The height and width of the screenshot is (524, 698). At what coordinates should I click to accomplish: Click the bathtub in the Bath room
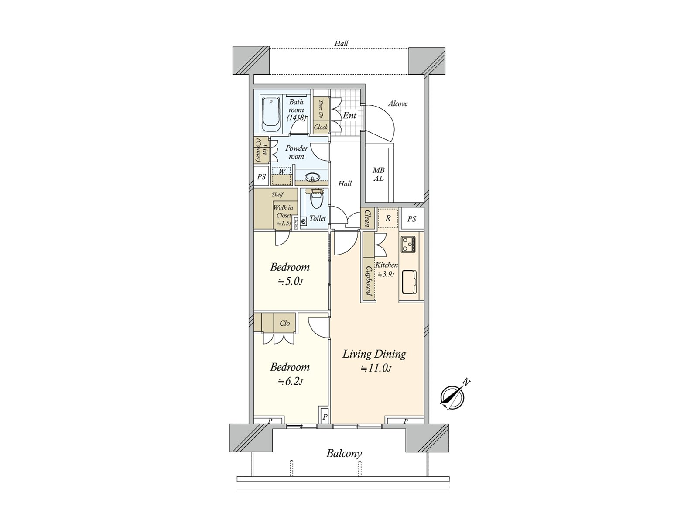(271, 114)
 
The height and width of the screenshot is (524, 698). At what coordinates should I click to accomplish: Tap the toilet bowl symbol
(316, 201)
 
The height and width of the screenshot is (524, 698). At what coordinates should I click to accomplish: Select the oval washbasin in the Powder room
(312, 177)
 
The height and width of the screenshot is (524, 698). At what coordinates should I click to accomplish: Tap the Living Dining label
(374, 354)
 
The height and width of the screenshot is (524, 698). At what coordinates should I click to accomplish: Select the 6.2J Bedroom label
(290, 367)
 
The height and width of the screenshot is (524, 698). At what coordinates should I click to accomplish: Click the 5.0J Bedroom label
(290, 267)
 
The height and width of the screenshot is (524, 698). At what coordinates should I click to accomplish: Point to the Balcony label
(344, 454)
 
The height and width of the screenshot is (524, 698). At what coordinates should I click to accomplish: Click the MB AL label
(378, 175)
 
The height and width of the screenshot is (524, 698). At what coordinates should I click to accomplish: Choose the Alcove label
(398, 103)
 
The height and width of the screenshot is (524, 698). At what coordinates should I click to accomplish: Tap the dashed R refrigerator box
(388, 218)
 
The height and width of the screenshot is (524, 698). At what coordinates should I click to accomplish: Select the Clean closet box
(367, 218)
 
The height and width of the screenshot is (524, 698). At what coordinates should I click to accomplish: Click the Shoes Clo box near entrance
(321, 109)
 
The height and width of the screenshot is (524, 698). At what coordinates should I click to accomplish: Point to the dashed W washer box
(281, 176)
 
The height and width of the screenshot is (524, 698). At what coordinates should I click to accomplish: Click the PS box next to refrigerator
(412, 219)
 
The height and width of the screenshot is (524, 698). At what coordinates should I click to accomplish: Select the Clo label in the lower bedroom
(284, 323)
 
